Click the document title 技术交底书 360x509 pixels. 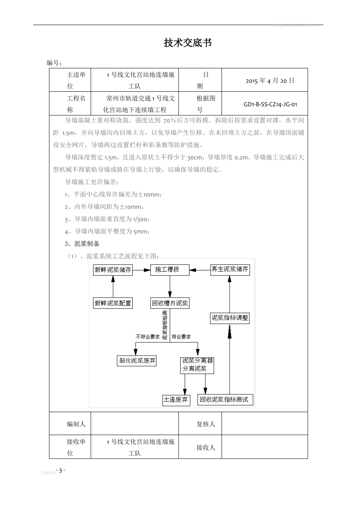pos(188,43)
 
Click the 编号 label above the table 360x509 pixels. pos(54,63)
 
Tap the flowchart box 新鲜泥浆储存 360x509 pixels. pos(113,270)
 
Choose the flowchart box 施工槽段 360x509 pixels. pos(170,270)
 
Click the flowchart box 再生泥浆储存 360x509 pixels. pos(230,269)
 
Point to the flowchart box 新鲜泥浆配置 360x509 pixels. pos(113,303)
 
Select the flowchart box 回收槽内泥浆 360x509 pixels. pos(170,303)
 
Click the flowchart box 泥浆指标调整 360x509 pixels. pos(230,318)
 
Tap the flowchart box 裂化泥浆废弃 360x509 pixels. pos(137,361)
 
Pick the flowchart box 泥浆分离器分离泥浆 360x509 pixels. pos(197,365)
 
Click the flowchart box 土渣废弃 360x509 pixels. pos(175,400)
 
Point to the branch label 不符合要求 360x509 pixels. pos(147,337)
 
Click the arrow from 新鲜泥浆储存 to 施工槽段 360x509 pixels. pos(141,270)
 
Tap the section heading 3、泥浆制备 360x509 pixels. pos(82,244)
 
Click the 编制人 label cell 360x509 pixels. pos(76,424)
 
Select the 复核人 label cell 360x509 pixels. pos(205,424)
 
